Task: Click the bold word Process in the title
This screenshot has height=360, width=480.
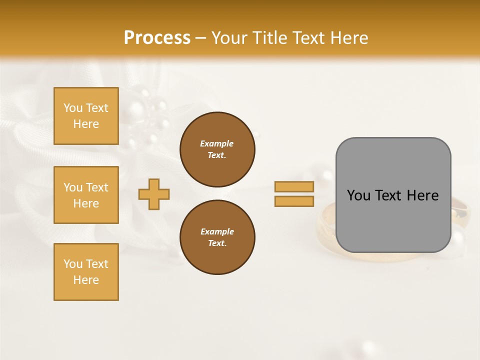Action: [x=157, y=38]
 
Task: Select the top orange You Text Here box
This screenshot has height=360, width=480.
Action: [x=86, y=116]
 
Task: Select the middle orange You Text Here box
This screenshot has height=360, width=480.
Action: [x=86, y=195]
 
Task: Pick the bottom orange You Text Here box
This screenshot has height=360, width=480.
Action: [x=86, y=272]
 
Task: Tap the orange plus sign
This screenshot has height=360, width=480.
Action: [x=154, y=194]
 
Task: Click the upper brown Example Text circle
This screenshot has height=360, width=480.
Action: [x=217, y=149]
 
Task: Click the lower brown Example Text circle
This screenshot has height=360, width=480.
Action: [x=217, y=237]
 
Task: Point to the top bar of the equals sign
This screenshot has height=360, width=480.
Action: [x=294, y=186]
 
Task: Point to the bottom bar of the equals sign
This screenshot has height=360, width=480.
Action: [x=294, y=201]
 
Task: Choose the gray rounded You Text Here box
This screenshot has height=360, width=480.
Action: [x=393, y=195]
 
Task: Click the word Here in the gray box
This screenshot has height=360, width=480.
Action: [x=422, y=195]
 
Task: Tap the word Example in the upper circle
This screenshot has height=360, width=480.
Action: [x=217, y=144]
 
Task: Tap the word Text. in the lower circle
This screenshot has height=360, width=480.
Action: [x=217, y=243]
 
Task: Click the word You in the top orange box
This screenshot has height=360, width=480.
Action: [x=73, y=108]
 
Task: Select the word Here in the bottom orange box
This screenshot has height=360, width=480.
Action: [x=86, y=280]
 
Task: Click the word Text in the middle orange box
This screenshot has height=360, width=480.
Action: [x=96, y=187]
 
